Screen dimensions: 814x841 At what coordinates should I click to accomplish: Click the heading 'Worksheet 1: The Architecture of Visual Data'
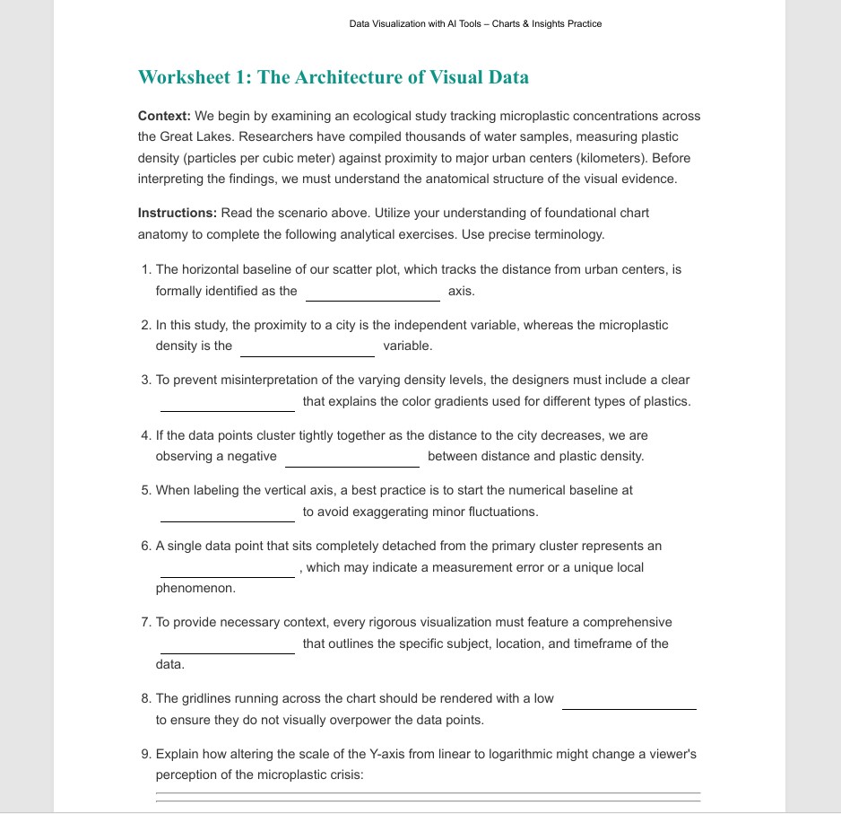pyautogui.click(x=333, y=77)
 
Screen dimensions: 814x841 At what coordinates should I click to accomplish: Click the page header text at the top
pyautogui.click(x=475, y=24)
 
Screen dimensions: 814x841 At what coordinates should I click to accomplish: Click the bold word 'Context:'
pyautogui.click(x=164, y=116)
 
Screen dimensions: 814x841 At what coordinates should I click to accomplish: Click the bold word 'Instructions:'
pyautogui.click(x=177, y=213)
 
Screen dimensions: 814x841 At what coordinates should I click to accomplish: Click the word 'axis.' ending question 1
pyautogui.click(x=461, y=291)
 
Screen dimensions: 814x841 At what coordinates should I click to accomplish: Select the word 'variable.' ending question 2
pyautogui.click(x=407, y=346)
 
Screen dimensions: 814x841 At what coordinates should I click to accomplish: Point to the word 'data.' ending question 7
pyautogui.click(x=170, y=665)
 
